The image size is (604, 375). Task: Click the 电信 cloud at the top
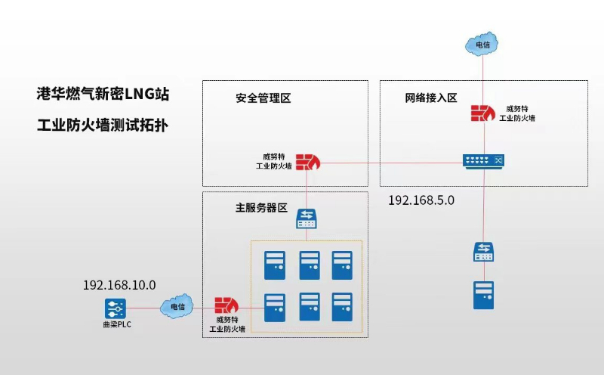(482, 45)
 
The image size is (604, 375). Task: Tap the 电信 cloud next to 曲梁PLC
(177, 306)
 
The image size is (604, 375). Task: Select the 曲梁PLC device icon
(115, 308)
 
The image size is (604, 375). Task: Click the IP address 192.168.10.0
(119, 285)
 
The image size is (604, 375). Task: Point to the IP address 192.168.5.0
(421, 200)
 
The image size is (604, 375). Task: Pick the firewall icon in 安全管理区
(307, 162)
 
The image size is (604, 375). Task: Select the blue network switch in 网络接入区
(482, 161)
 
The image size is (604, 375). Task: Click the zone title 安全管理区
(263, 99)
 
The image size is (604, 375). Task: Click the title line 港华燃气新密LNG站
(103, 95)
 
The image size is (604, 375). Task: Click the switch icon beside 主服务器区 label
(307, 219)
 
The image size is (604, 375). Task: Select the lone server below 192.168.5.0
(483, 294)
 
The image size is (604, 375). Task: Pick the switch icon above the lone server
(483, 252)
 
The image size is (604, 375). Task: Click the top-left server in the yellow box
(274, 265)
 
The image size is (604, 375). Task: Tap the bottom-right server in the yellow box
(342, 307)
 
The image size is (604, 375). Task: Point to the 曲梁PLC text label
(115, 324)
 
